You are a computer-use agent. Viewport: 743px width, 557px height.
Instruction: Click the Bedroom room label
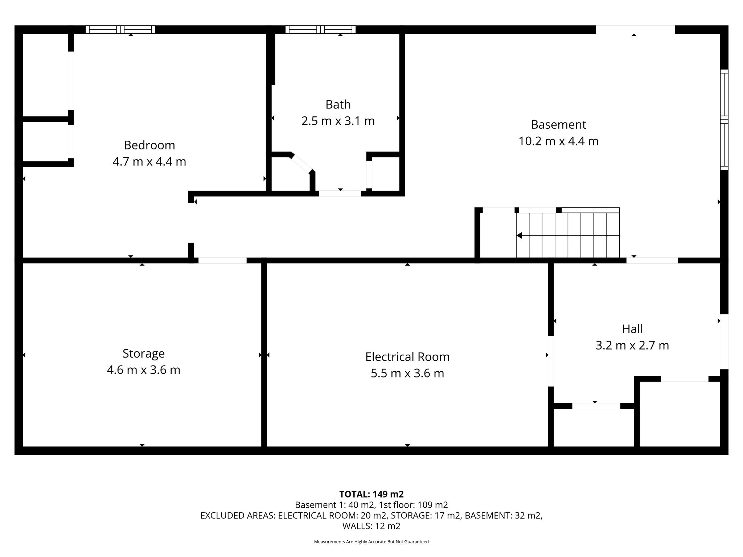click(x=149, y=145)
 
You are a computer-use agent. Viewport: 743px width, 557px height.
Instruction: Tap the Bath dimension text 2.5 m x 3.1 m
click(x=338, y=121)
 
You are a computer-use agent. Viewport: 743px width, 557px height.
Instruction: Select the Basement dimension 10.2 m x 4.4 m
click(x=558, y=141)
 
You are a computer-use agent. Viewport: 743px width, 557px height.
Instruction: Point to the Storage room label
click(x=144, y=354)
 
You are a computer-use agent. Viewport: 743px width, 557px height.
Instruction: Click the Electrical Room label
click(x=407, y=357)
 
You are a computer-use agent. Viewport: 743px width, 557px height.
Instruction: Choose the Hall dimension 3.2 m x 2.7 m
click(x=632, y=345)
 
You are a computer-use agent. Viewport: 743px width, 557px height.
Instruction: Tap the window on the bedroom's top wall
click(x=120, y=29)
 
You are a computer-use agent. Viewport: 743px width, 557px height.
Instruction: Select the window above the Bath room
click(x=320, y=29)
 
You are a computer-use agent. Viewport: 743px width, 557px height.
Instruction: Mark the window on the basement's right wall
click(x=724, y=120)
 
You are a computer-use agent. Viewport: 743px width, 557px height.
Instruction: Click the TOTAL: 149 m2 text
click(x=371, y=494)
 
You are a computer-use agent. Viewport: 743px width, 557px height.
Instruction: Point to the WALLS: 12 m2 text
click(x=371, y=526)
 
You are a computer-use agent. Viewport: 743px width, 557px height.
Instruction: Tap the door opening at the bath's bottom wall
click(x=340, y=194)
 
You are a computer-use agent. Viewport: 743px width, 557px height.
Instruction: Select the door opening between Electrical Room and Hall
click(x=551, y=361)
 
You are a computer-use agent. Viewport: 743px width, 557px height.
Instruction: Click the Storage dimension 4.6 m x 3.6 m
click(x=144, y=370)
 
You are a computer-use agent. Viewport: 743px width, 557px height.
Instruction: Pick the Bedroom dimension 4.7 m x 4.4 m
click(x=149, y=161)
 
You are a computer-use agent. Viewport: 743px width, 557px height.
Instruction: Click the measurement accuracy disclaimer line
click(x=371, y=542)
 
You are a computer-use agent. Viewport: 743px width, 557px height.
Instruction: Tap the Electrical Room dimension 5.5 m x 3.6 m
click(x=407, y=373)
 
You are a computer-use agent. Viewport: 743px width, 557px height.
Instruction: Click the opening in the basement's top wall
click(x=635, y=29)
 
